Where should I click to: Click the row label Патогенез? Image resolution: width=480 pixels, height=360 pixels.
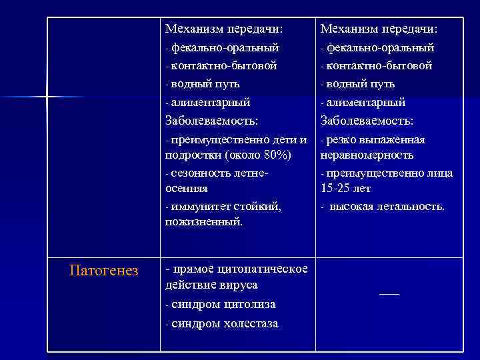pyautogui.click(x=104, y=271)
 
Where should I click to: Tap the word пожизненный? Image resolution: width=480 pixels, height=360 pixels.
pyautogui.click(x=203, y=221)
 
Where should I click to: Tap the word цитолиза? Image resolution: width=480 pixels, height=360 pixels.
pyautogui.click(x=249, y=305)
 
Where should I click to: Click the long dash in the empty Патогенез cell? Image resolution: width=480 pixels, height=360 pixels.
pyautogui.click(x=389, y=293)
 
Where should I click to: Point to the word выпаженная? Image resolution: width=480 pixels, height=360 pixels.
pyautogui.click(x=396, y=140)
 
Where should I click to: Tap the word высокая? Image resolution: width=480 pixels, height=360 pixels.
pyautogui.click(x=353, y=207)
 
